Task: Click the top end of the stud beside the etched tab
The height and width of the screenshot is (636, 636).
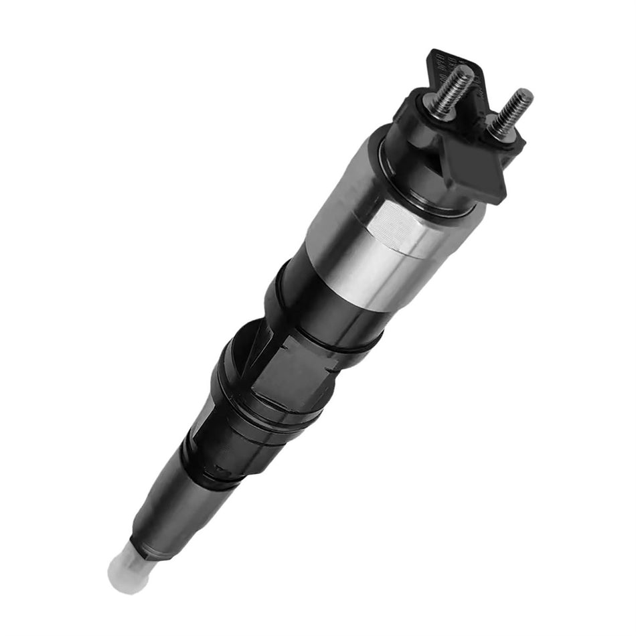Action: [x=467, y=70]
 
